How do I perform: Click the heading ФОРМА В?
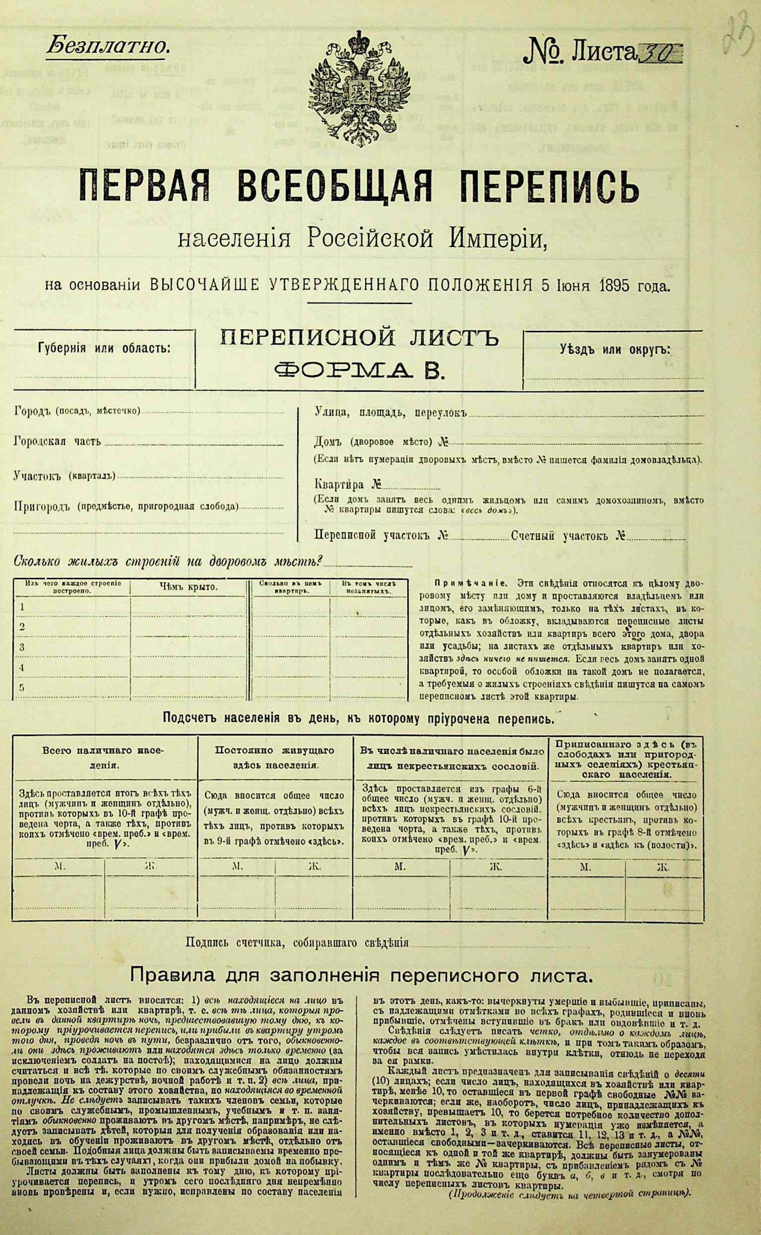(x=358, y=371)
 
